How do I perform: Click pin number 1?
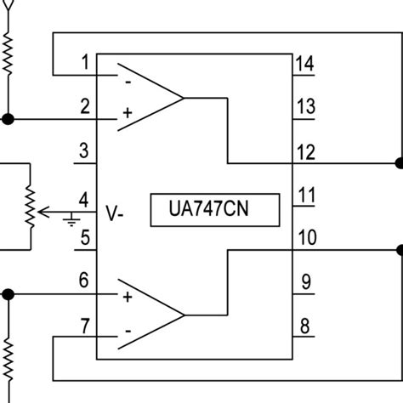point(84,61)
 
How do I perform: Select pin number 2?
point(84,106)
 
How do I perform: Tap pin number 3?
point(84,152)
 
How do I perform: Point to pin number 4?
point(84,200)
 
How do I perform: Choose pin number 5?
point(84,237)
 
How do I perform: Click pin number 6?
point(84,279)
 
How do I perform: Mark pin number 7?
point(84,326)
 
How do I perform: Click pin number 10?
point(307,237)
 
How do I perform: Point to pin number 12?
point(307,152)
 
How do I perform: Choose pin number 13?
point(307,106)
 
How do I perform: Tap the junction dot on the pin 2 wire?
point(9,118)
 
